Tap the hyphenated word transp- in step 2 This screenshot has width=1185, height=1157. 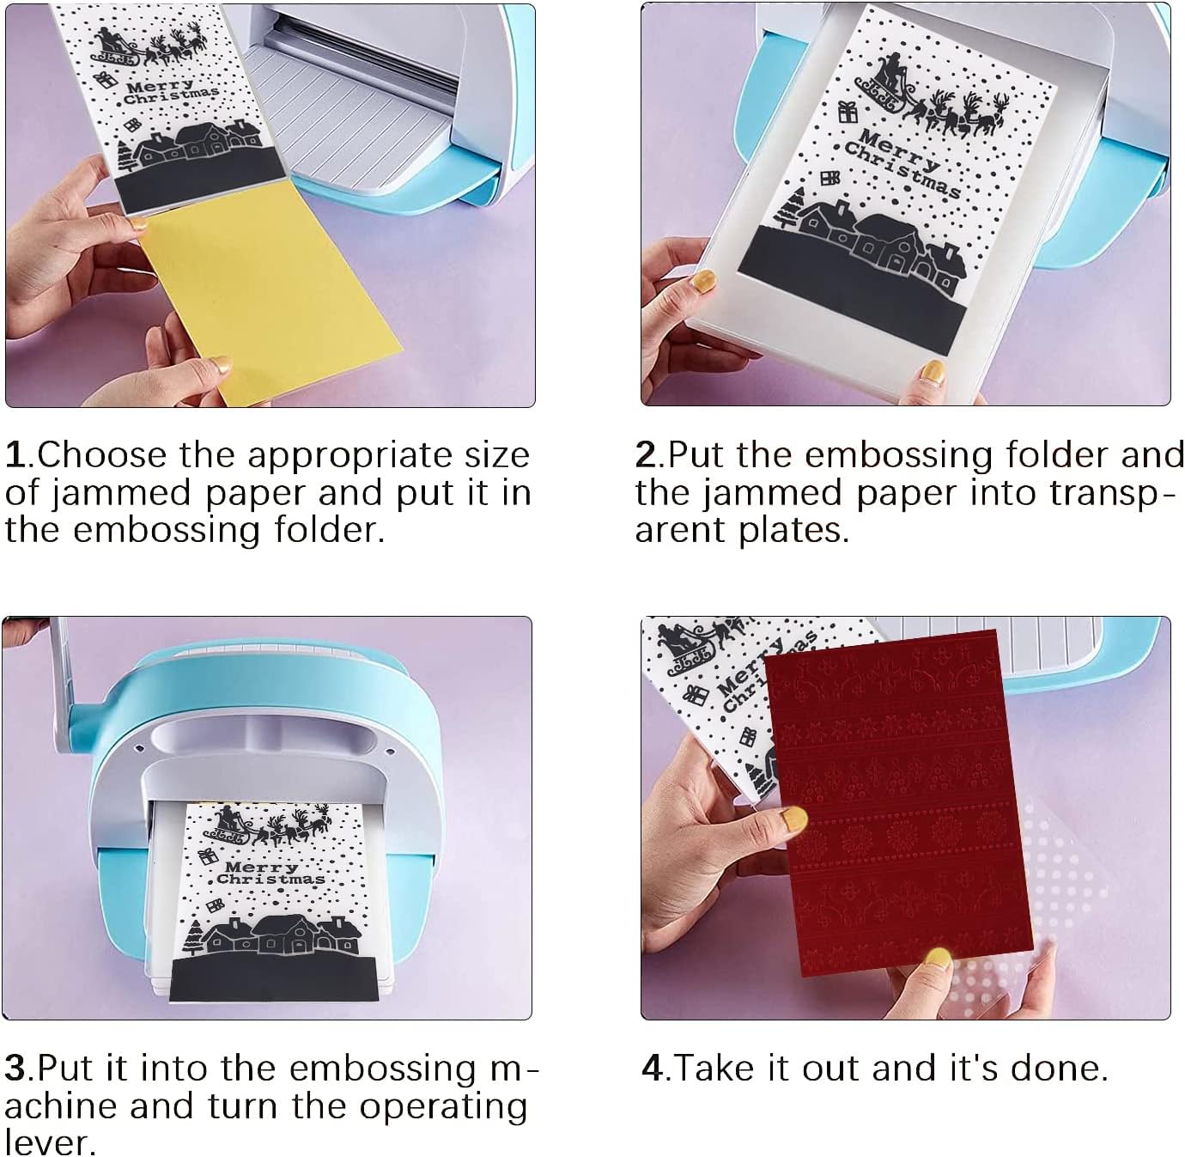1113,495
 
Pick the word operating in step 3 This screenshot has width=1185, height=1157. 443,1109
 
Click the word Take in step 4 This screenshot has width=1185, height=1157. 716,1068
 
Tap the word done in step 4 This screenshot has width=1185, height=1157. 1054,1068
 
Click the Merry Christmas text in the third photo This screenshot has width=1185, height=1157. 269,873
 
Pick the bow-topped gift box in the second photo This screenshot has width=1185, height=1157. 847,112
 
